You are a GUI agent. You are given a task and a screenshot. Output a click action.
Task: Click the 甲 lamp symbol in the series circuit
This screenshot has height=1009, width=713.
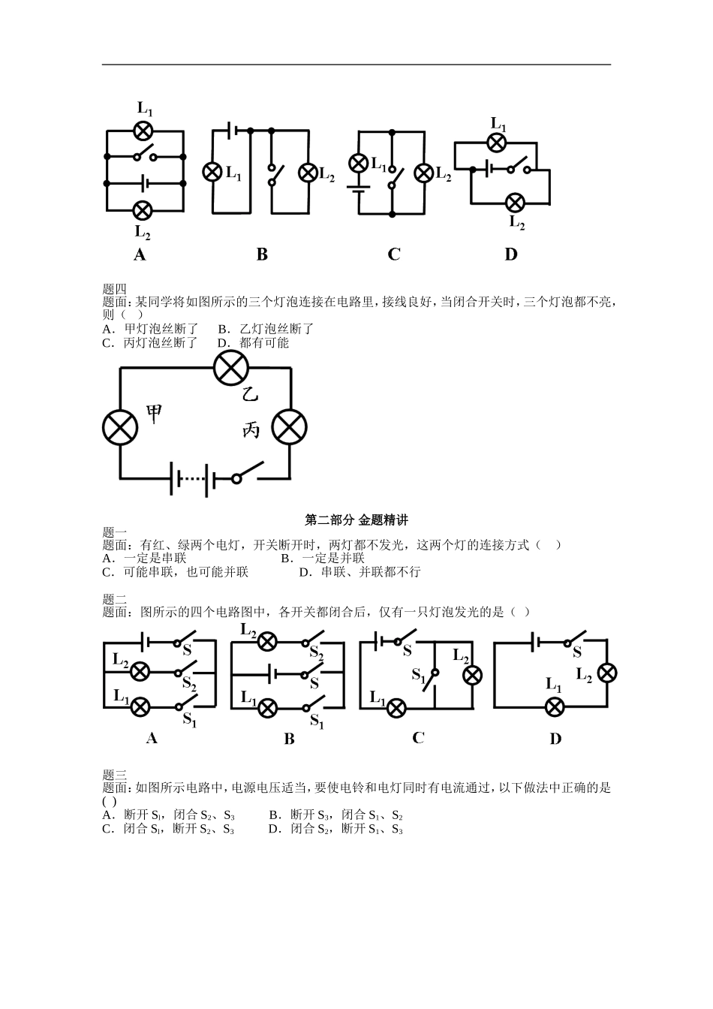click(x=120, y=427)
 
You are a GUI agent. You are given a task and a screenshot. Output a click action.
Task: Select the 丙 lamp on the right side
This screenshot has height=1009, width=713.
click(x=289, y=427)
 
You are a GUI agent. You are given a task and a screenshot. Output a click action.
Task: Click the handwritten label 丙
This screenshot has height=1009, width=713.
click(x=251, y=430)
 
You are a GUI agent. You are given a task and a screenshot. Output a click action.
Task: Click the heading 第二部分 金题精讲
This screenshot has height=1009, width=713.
click(x=356, y=520)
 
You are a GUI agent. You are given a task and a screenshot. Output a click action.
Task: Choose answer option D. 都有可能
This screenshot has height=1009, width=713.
click(x=253, y=342)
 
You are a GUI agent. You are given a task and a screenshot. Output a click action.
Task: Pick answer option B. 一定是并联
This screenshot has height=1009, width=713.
click(x=323, y=558)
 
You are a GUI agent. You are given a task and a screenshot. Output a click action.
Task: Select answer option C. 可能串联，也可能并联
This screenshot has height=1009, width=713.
click(x=176, y=571)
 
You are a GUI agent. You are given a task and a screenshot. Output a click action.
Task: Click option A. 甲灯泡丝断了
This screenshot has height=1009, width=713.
click(x=150, y=329)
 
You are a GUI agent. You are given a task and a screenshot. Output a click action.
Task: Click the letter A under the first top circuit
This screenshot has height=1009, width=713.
click(x=140, y=255)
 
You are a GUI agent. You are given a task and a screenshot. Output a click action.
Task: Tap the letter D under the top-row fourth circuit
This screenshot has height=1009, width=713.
click(x=511, y=255)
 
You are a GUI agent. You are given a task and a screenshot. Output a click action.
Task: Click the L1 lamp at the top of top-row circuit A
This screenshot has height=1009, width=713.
click(x=143, y=130)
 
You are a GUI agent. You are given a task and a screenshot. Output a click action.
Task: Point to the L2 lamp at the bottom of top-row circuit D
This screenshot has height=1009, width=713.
click(x=515, y=203)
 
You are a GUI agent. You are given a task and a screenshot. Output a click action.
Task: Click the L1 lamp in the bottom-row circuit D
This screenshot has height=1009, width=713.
click(x=555, y=706)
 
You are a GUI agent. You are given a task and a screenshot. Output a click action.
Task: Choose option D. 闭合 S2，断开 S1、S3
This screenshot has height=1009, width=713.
click(x=335, y=829)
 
